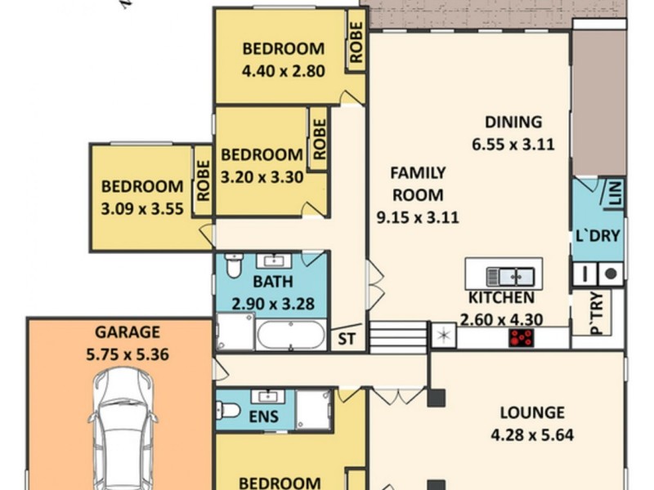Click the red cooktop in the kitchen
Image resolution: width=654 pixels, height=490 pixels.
[x=521, y=337]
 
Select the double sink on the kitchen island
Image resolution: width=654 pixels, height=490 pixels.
[x=509, y=275]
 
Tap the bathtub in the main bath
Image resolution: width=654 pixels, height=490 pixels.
[x=290, y=335]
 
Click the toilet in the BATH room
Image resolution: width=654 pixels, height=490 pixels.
[x=234, y=266]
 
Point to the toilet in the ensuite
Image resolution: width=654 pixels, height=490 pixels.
[x=230, y=408]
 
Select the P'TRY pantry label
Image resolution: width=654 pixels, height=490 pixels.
[x=596, y=314]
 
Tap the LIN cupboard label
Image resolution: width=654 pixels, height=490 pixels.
[x=615, y=193]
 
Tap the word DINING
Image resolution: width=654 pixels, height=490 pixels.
[x=513, y=122]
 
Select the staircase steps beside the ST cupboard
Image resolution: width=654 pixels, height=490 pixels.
[x=398, y=336]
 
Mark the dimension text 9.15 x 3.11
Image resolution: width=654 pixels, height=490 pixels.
[x=417, y=217]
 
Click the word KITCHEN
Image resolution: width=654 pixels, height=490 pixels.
[x=501, y=298]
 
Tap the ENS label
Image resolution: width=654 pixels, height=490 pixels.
[x=263, y=416]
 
